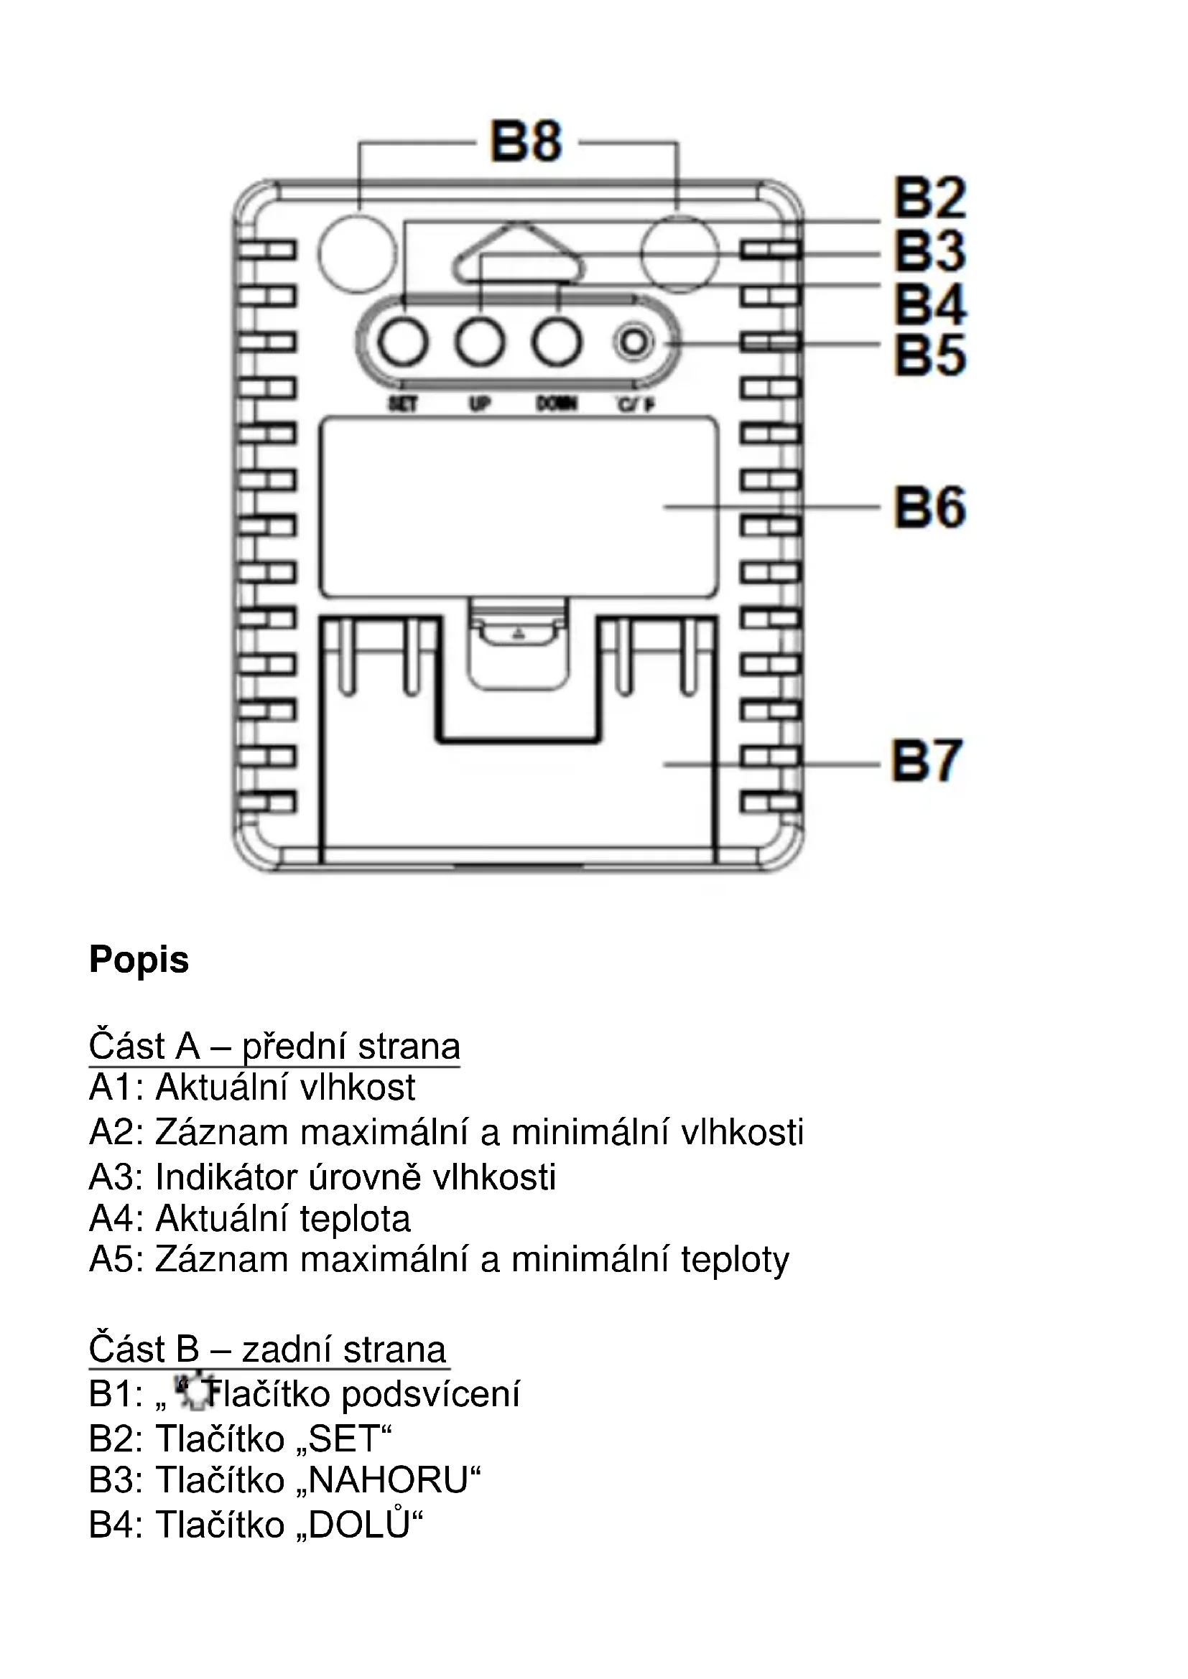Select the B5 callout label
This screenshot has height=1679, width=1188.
[x=929, y=355]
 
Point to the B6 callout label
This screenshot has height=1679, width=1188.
[x=929, y=508]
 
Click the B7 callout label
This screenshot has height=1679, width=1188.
[x=926, y=761]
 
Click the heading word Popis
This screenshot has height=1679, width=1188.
[x=139, y=960]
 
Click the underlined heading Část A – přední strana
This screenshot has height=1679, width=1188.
[x=274, y=1047]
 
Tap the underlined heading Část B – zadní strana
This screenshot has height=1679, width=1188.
[x=268, y=1350]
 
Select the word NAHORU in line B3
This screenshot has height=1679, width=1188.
[x=388, y=1481]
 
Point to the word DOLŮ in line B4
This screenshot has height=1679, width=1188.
[x=359, y=1525]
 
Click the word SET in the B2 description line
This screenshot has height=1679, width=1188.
[x=345, y=1439]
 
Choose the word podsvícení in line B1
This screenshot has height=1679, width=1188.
[x=431, y=1394]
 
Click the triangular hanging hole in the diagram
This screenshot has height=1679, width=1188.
[x=519, y=253]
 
